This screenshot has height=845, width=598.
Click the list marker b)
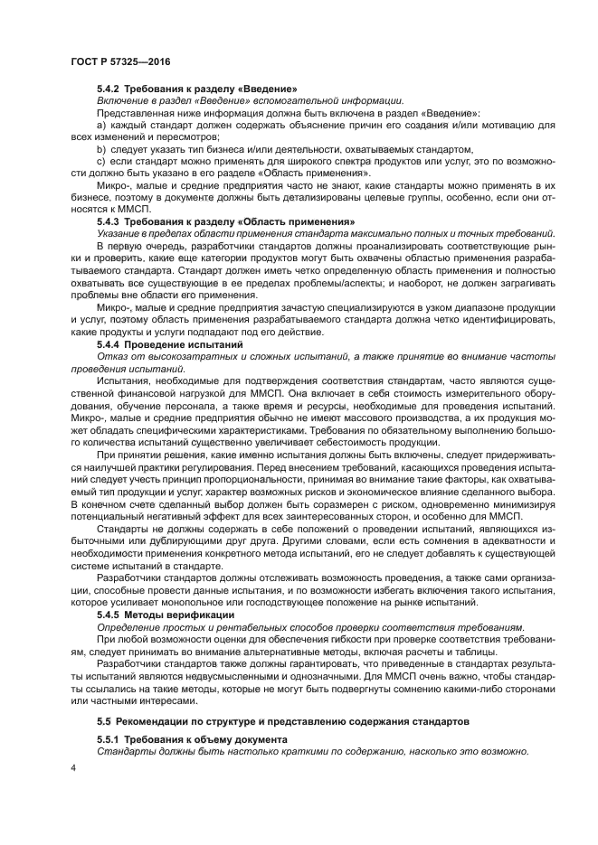click(x=101, y=148)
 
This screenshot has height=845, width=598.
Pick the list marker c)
click(x=101, y=161)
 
